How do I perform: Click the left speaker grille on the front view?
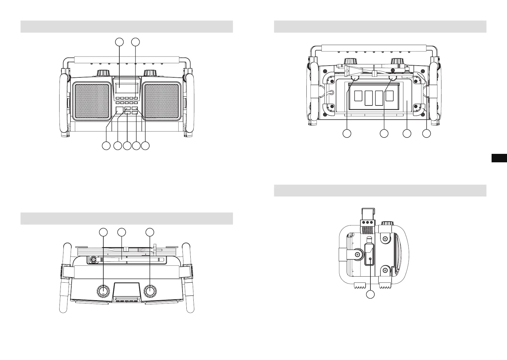point(92,101)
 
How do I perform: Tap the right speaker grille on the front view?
point(162,101)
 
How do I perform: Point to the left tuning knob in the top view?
point(103,291)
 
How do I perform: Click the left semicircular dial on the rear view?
point(354,79)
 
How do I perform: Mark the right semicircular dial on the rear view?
point(393,79)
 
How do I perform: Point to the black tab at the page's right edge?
point(499,158)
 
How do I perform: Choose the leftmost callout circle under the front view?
point(105,146)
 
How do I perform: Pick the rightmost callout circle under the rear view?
point(426,133)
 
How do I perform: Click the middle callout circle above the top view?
point(122,232)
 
